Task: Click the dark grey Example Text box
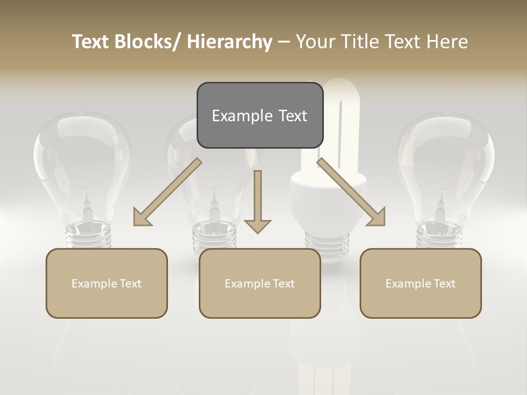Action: pyautogui.click(x=260, y=115)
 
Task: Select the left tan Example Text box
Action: pyautogui.click(x=106, y=283)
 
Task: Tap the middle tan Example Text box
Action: pyautogui.click(x=260, y=283)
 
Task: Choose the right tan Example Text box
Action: pyautogui.click(x=421, y=283)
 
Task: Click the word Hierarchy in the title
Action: pyautogui.click(x=229, y=42)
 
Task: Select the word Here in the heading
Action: pyautogui.click(x=447, y=42)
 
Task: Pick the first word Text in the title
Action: pyautogui.click(x=92, y=42)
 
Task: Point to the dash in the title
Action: pyautogui.click(x=284, y=42)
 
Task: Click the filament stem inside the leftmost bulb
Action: pyautogui.click(x=86, y=203)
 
